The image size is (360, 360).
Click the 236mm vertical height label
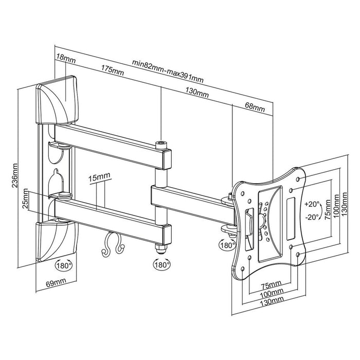click(15, 176)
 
